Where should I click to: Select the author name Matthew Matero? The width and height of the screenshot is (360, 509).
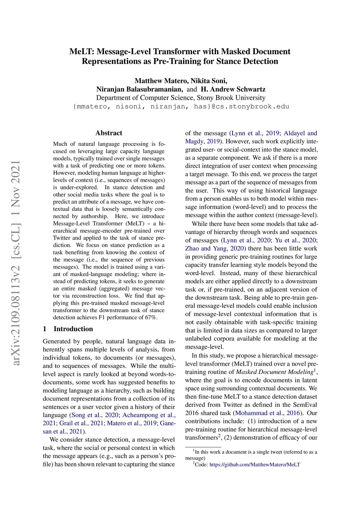pyautogui.click(x=161, y=81)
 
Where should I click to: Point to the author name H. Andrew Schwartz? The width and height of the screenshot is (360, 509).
pyautogui.click(x=233, y=89)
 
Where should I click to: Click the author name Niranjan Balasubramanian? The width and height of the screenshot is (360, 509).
pyautogui.click(x=140, y=89)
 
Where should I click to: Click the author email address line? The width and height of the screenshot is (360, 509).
pyautogui.click(x=181, y=107)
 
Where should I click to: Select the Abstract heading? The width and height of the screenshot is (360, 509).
pyautogui.click(x=109, y=133)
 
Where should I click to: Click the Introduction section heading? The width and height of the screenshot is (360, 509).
pyautogui.click(x=73, y=329)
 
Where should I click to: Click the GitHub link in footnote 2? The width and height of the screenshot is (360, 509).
pyautogui.click(x=255, y=465)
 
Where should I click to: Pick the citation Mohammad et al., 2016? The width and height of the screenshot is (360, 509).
pyautogui.click(x=268, y=413)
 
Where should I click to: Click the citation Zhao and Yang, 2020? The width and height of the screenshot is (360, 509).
pyautogui.click(x=214, y=249)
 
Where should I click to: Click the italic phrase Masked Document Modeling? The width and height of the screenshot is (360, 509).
pyautogui.click(x=274, y=372)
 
